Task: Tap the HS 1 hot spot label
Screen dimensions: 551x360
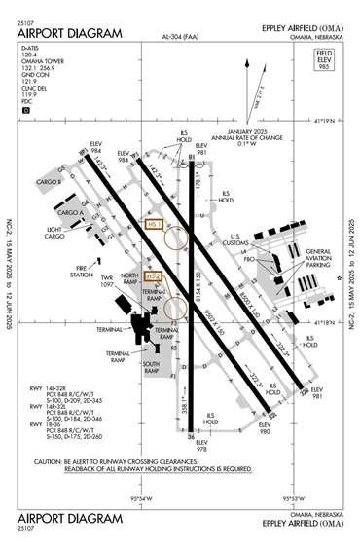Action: tap(152, 224)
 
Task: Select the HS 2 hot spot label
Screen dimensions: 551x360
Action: tap(152, 277)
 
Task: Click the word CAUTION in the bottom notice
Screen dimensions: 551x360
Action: tap(50, 461)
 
